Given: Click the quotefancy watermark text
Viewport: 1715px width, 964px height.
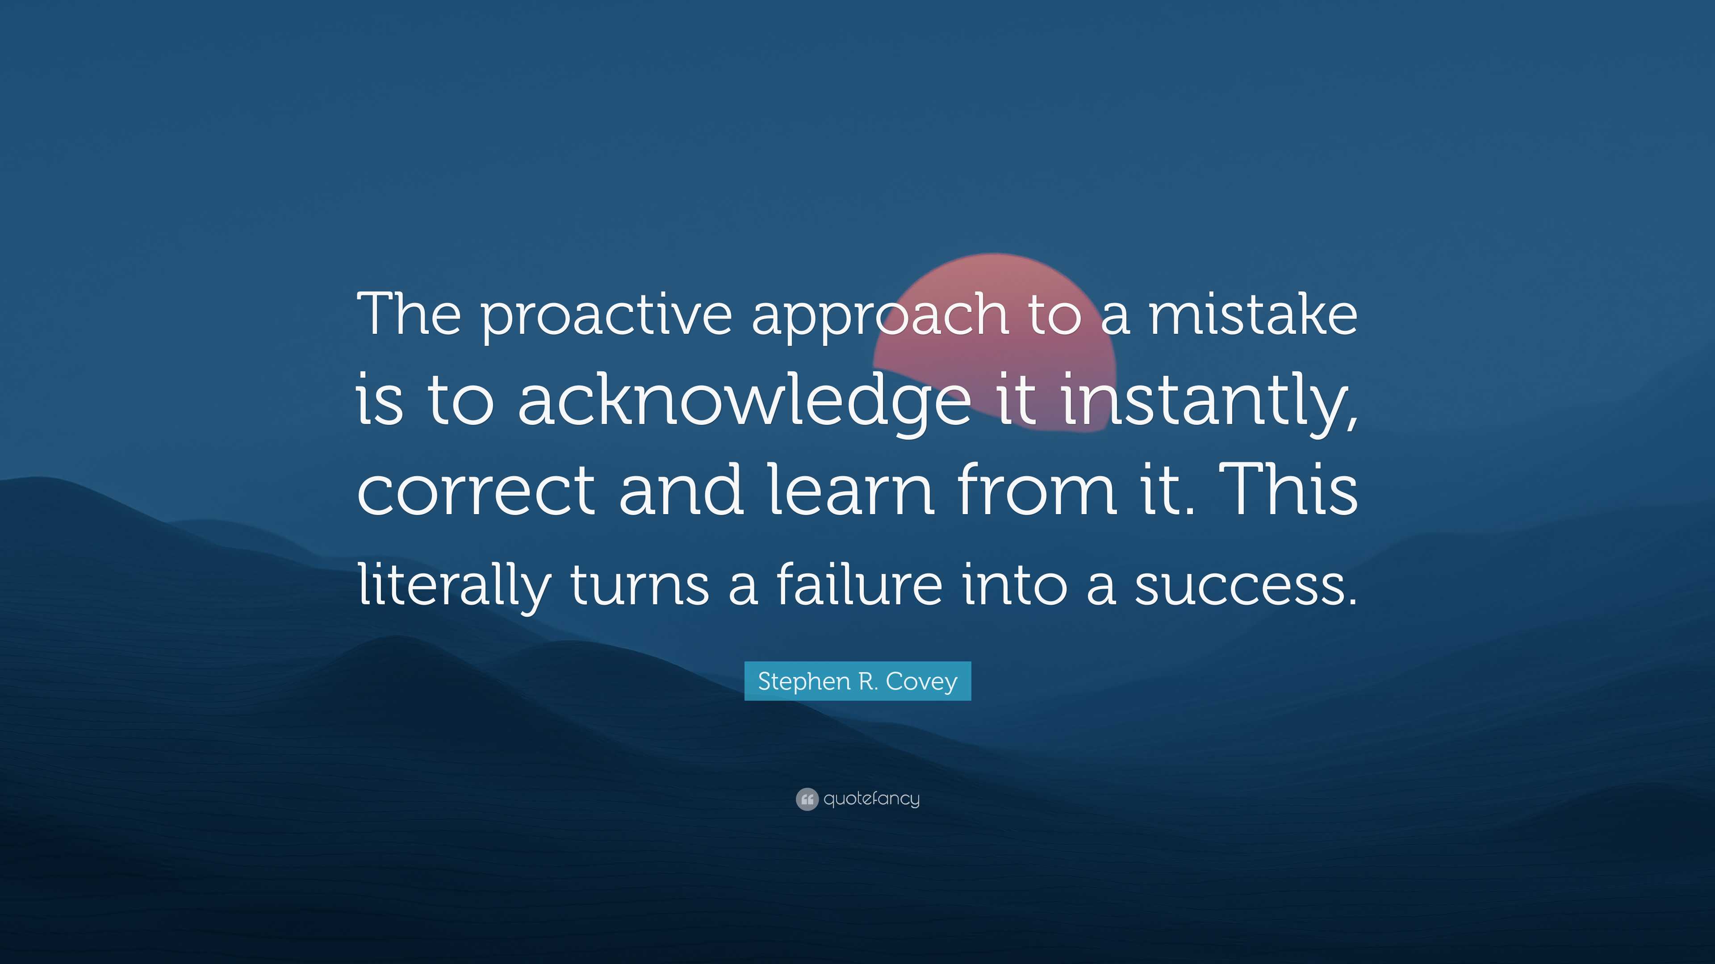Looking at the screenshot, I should coord(871,799).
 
